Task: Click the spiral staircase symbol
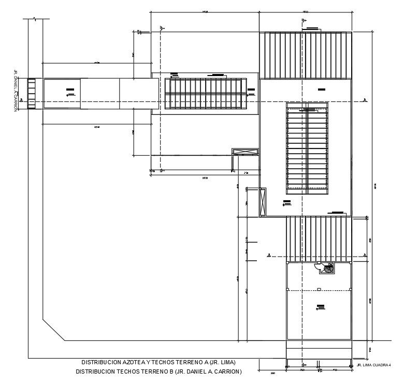(328, 269)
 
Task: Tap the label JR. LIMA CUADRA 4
(373, 366)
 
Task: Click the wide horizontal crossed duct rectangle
(245, 151)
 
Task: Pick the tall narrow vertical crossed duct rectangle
(262, 202)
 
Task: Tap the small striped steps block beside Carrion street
(32, 93)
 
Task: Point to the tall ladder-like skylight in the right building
(307, 148)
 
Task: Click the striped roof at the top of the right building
(305, 55)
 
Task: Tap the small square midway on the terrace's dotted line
(320, 289)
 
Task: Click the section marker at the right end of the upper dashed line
(365, 99)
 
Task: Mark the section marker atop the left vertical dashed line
(161, 28)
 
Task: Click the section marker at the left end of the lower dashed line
(269, 255)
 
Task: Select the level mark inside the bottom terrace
(320, 308)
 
